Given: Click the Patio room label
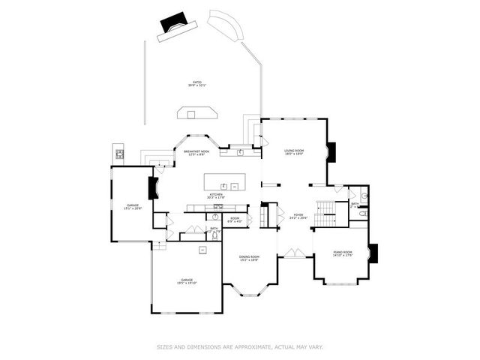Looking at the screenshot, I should click(198, 84).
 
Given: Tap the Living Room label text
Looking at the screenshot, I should click(293, 152).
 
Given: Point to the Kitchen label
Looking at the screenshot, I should click(216, 196).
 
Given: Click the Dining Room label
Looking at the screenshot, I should click(249, 259).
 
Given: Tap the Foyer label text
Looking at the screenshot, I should click(298, 217).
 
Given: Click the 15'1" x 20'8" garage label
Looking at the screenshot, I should click(133, 206).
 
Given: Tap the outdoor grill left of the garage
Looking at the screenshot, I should click(118, 154).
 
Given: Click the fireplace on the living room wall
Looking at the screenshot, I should click(331, 152).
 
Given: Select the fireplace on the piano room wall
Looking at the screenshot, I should click(373, 254).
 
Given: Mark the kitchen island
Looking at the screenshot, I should click(222, 182).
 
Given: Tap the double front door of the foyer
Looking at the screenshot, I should click(292, 254).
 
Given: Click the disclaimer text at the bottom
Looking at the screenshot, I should click(240, 346).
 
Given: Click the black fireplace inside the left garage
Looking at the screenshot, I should click(154, 187).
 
